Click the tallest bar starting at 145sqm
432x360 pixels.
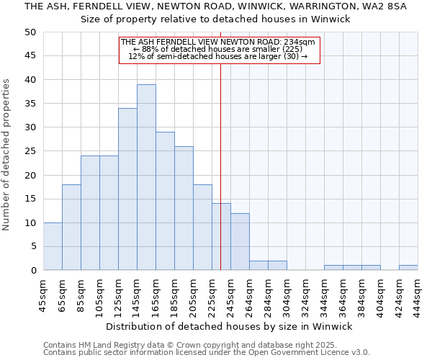click(x=146, y=177)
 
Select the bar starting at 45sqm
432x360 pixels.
click(x=53, y=246)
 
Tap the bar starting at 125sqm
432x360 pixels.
click(x=127, y=189)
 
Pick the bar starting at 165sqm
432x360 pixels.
click(x=165, y=201)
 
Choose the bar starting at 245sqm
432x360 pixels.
click(x=240, y=241)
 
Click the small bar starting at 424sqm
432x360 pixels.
click(x=408, y=268)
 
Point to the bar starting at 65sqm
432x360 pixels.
click(x=71, y=228)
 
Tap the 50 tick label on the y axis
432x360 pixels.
click(x=30, y=32)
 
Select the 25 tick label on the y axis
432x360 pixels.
click(x=30, y=151)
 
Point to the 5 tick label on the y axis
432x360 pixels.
click(x=32, y=246)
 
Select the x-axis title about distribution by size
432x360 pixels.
click(x=234, y=326)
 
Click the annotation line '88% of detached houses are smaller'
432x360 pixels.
click(x=217, y=49)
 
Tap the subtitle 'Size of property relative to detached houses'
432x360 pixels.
click(x=215, y=19)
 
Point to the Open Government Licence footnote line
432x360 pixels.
click(x=207, y=353)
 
